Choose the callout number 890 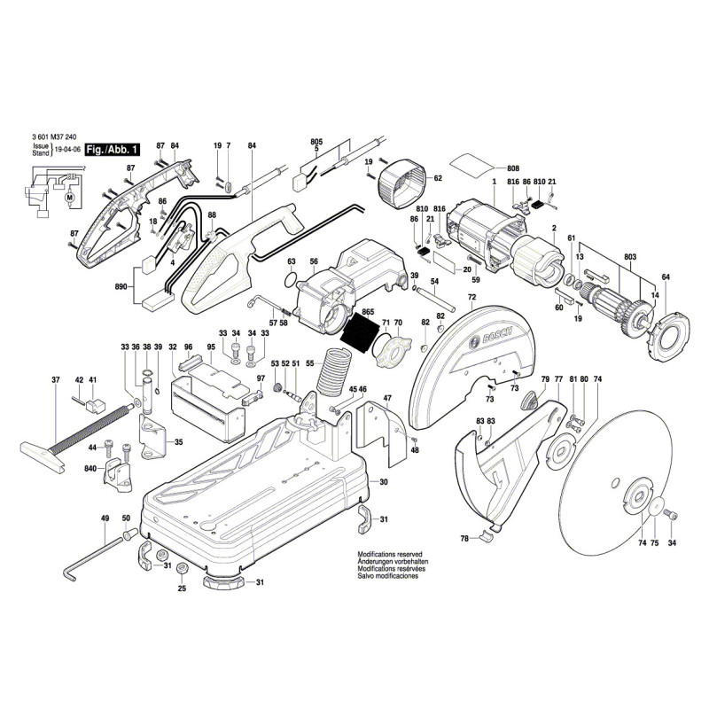(x=121, y=287)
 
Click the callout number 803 (x=630, y=256)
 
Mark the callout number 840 (x=90, y=468)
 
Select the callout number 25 (x=182, y=588)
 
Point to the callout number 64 (x=666, y=278)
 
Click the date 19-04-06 (x=67, y=152)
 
